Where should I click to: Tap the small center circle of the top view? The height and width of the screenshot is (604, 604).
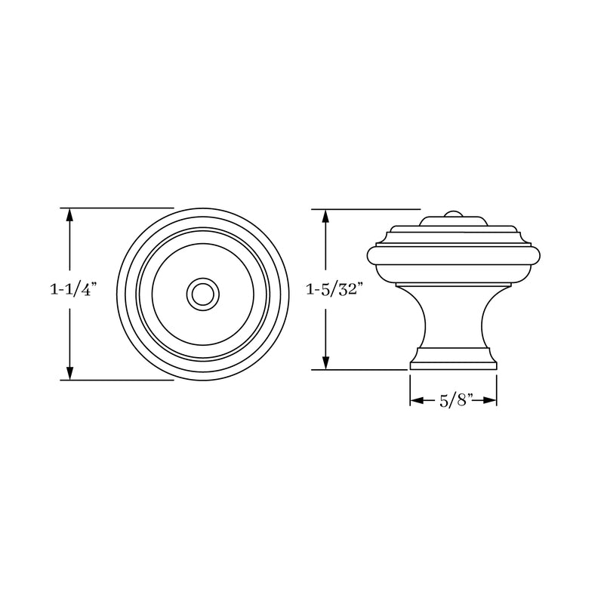[202, 293]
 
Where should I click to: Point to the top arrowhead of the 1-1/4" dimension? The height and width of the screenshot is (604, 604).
[70, 214]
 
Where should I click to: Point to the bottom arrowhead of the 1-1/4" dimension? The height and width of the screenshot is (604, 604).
[70, 373]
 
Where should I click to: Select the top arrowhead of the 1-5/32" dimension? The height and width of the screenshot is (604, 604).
[325, 215]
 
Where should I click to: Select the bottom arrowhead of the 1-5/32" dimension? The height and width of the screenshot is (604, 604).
[325, 363]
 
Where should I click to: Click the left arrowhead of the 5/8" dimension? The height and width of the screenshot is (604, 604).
[415, 401]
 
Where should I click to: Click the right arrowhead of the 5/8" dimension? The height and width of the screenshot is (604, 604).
[492, 401]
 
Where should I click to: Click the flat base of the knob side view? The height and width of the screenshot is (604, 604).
[453, 365]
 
